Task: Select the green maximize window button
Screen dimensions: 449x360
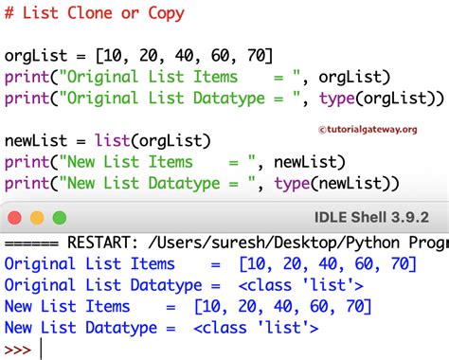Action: pyautogui.click(x=63, y=219)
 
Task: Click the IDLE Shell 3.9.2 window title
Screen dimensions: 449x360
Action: pyautogui.click(x=374, y=219)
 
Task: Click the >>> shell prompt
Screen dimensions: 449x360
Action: pyautogui.click(x=17, y=350)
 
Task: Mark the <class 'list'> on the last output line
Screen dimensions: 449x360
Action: pyautogui.click(x=256, y=328)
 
